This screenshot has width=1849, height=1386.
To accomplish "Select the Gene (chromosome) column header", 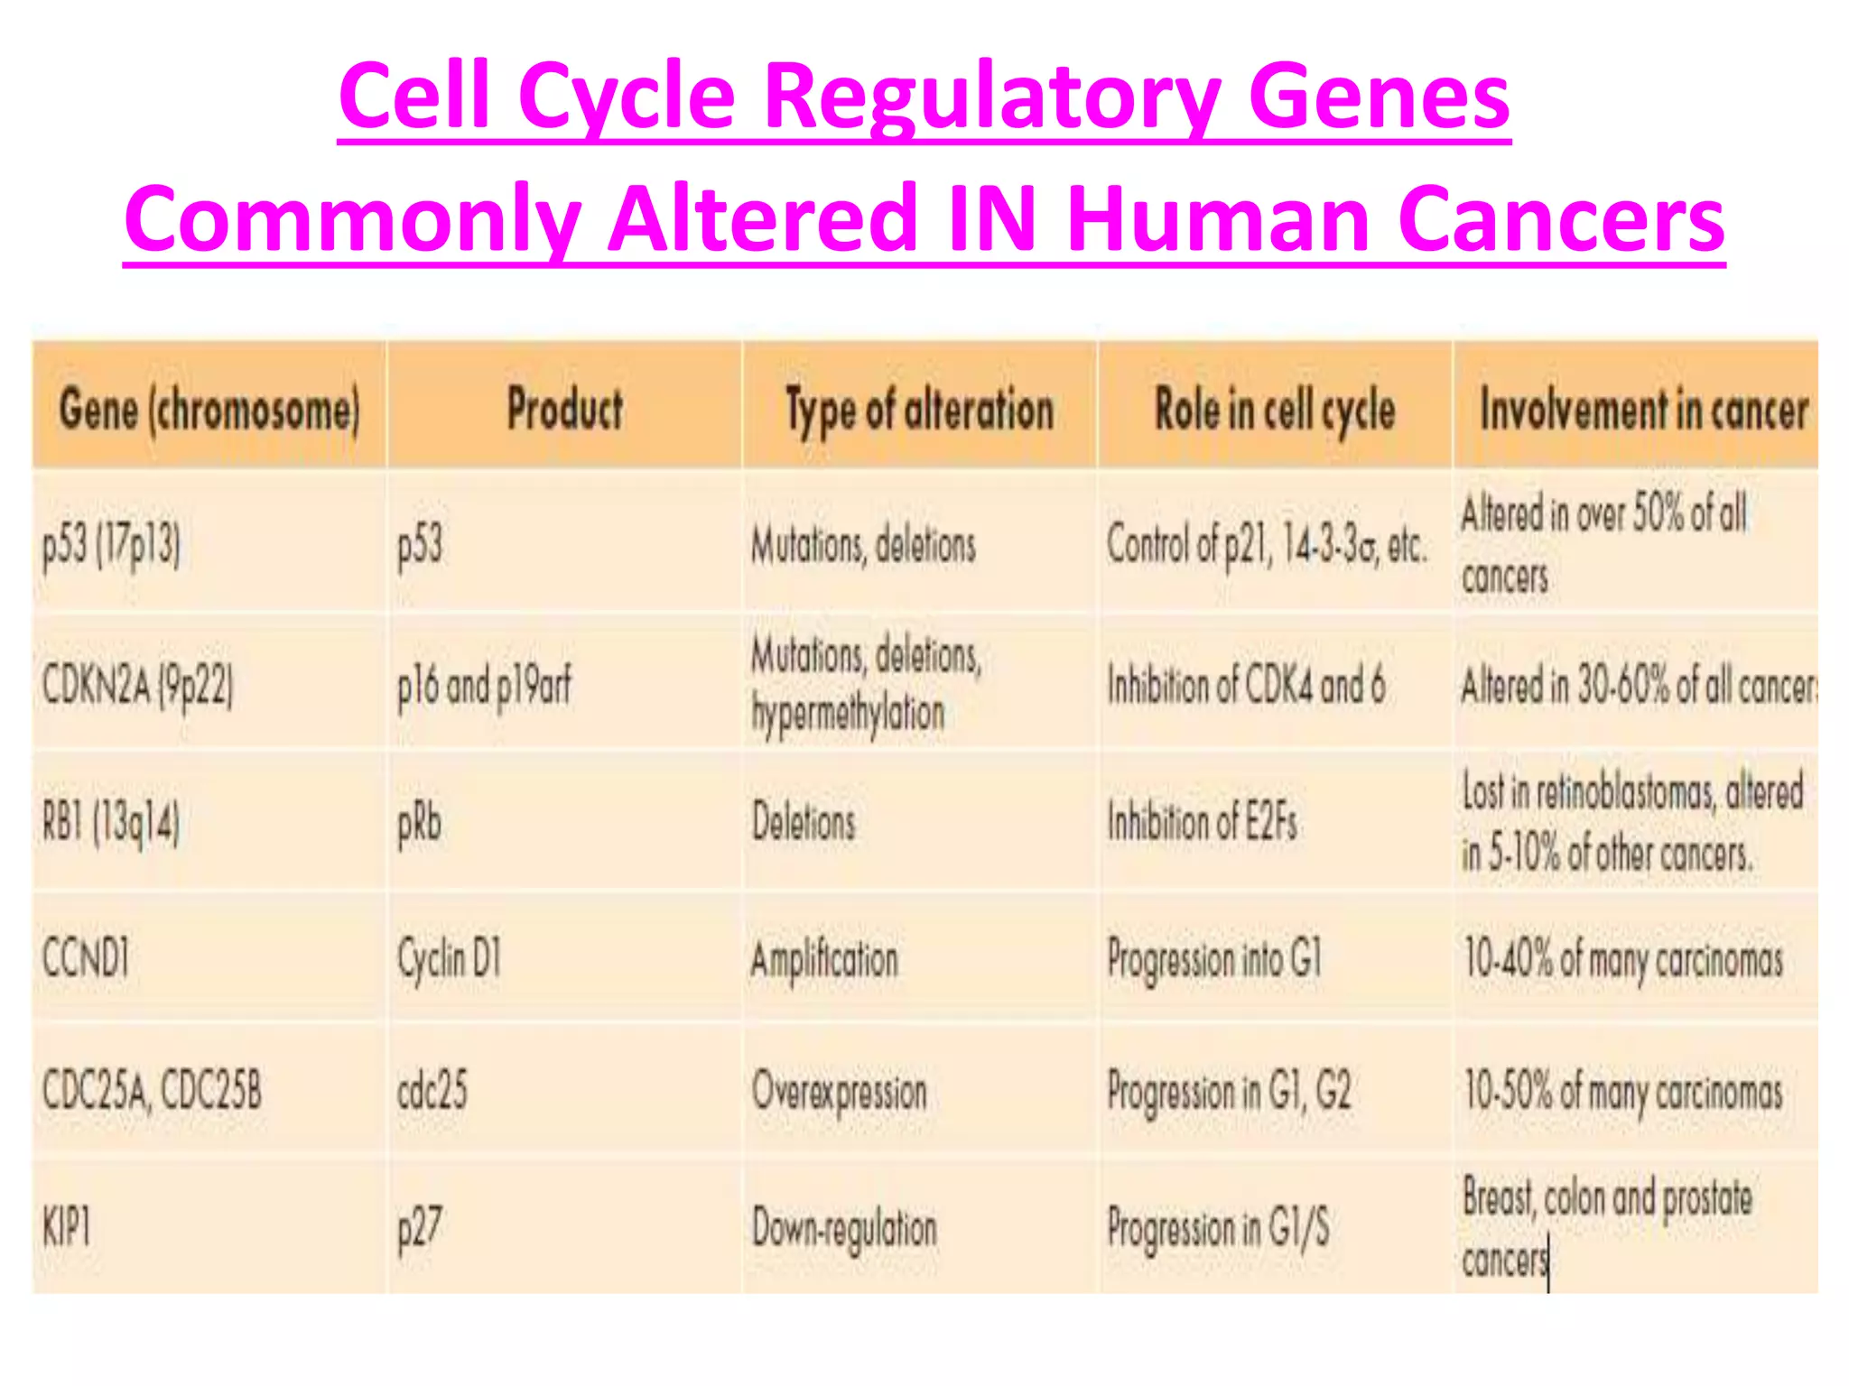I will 209,410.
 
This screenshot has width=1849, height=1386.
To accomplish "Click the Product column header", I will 564,410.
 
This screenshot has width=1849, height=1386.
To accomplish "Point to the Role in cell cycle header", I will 1275,410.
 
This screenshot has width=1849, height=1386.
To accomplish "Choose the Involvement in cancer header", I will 1643,410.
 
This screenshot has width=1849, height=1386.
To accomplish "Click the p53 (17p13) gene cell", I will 111,545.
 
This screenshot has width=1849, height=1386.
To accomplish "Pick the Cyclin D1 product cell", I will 449,958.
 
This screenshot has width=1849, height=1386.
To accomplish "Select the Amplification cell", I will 824,959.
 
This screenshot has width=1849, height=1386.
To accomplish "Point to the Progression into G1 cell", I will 1213,958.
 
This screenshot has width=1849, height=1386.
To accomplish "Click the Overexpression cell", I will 840,1092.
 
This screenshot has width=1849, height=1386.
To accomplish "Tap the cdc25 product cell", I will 432,1091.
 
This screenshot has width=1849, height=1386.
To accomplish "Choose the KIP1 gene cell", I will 67,1227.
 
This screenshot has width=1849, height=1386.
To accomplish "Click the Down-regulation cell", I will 844,1228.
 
